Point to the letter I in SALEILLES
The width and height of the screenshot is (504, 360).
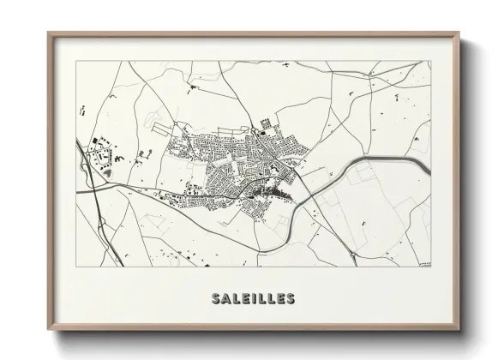tap(255, 299)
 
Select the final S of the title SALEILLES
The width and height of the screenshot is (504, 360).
tap(291, 299)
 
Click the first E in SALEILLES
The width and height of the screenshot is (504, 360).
tap(245, 299)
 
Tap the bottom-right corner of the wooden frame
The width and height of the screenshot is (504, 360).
tap(459, 330)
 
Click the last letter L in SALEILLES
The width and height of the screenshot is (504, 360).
tap(270, 299)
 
